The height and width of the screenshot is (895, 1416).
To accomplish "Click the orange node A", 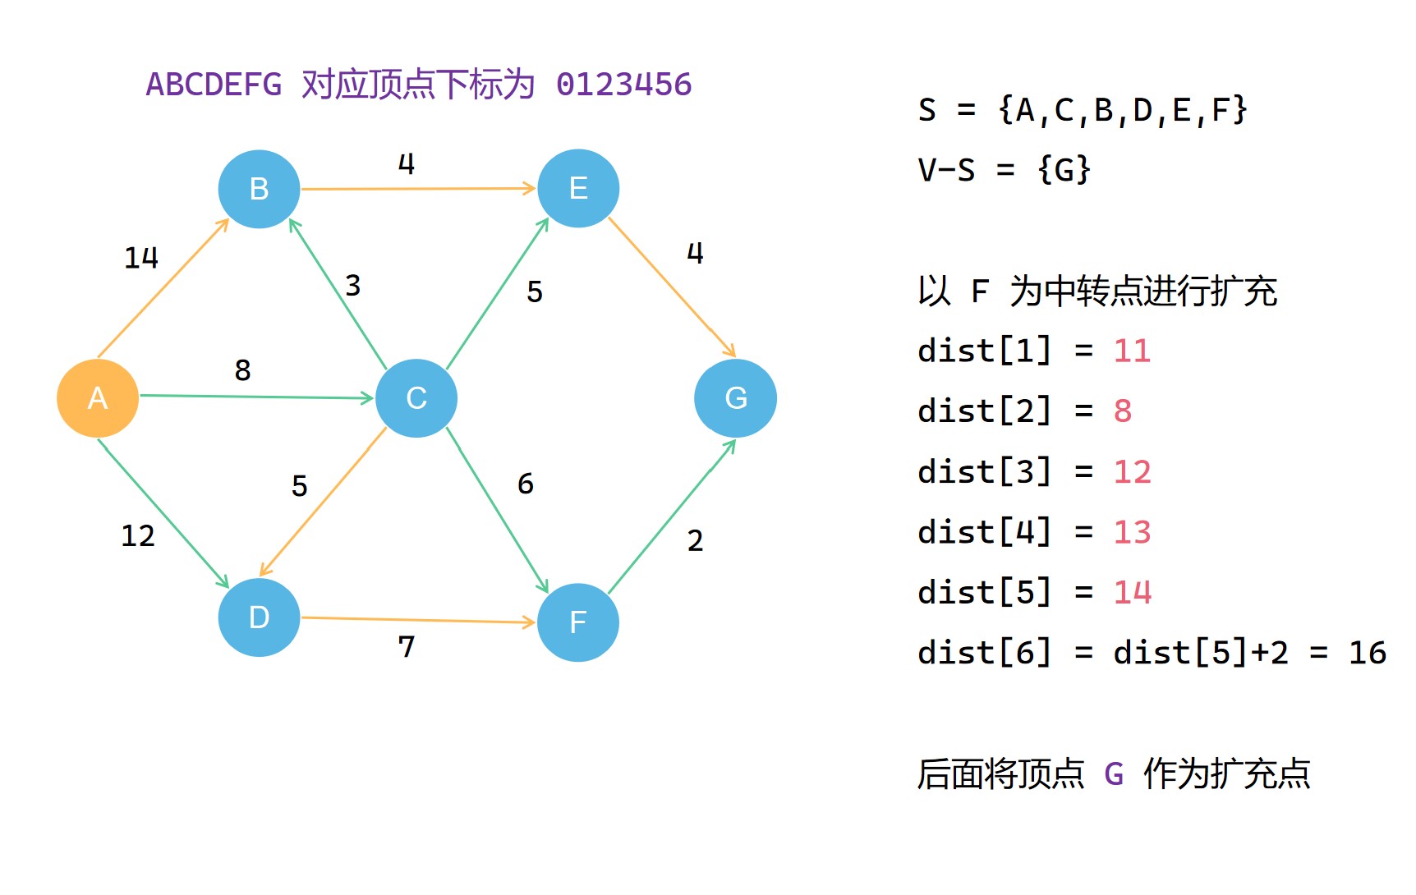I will pyautogui.click(x=98, y=398).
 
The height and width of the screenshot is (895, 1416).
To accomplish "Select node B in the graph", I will pyautogui.click(x=259, y=189).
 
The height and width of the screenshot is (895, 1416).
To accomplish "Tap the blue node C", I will pyautogui.click(x=416, y=398).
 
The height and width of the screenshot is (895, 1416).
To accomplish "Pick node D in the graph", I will pyautogui.click(x=259, y=617).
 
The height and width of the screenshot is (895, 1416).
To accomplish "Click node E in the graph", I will pyautogui.click(x=578, y=188).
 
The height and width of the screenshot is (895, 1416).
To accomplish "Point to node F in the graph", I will pyautogui.click(x=578, y=622).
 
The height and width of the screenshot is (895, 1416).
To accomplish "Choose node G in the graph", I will pyautogui.click(x=736, y=398).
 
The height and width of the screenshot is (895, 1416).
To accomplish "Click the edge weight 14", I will pyautogui.click(x=141, y=258).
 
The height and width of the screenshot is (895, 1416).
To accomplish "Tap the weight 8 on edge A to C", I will pyautogui.click(x=242, y=370).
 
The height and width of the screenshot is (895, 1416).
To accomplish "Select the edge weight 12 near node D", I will pyautogui.click(x=138, y=536).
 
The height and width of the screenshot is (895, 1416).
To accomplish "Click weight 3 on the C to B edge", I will pyautogui.click(x=353, y=286).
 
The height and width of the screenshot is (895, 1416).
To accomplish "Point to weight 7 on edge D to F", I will pyautogui.click(x=407, y=647).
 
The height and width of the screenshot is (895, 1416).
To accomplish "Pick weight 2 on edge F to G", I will pyautogui.click(x=695, y=541).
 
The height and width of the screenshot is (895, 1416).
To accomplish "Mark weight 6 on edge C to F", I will pyautogui.click(x=526, y=484).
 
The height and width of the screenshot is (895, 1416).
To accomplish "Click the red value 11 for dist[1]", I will pyautogui.click(x=1132, y=351).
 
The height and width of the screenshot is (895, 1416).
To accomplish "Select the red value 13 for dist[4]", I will pyautogui.click(x=1132, y=533).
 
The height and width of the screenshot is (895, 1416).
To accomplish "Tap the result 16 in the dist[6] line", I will pyautogui.click(x=1367, y=654).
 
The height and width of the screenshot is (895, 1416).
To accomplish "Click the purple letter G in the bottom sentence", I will pyautogui.click(x=1114, y=773).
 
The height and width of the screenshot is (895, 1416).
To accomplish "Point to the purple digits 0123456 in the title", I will pyautogui.click(x=624, y=85).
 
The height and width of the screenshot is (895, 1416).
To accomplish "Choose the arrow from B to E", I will pyautogui.click(x=418, y=189).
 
